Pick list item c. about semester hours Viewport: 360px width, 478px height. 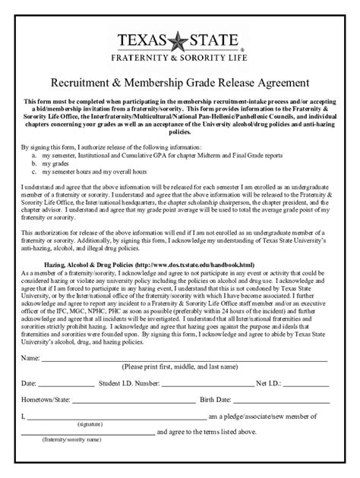click(99, 171)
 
